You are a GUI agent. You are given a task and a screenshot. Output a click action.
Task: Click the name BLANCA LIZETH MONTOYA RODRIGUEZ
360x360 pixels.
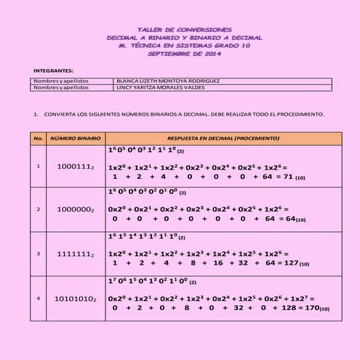(168, 81)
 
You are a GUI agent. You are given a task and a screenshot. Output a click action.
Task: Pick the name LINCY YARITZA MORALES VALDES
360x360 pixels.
(161, 87)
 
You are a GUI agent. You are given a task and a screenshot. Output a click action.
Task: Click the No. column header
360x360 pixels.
(38, 137)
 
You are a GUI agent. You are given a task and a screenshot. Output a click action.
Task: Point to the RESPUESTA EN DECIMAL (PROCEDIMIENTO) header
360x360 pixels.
(223, 137)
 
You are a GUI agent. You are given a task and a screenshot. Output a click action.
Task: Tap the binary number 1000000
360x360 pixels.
(75, 209)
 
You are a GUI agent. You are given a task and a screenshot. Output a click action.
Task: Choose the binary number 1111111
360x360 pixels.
(75, 254)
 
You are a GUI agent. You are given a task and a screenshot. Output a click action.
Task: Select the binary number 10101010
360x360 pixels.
(75, 298)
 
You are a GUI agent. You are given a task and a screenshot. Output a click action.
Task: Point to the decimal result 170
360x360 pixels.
(312, 308)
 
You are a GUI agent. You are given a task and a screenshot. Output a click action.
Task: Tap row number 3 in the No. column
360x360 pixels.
(38, 254)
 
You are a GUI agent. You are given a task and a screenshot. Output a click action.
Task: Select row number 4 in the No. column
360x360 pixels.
(38, 298)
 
